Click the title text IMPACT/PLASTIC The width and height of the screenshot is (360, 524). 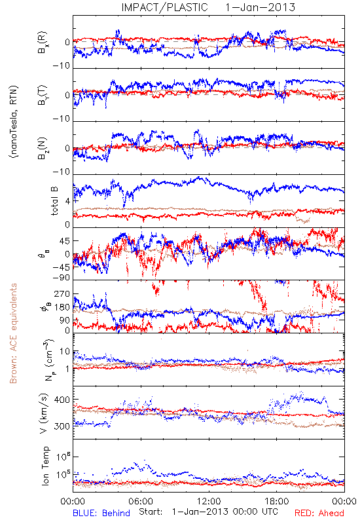(x=165, y=7)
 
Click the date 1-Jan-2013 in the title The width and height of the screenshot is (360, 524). (x=260, y=7)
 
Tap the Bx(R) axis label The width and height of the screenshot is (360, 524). (x=43, y=43)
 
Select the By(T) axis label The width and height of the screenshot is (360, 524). (x=43, y=95)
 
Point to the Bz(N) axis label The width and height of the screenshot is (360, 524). (x=43, y=148)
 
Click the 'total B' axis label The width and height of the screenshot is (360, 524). (x=54, y=201)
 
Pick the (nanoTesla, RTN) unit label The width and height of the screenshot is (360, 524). (x=14, y=122)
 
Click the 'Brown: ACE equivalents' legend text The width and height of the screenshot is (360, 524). (x=13, y=333)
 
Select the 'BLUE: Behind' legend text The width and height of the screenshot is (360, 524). (x=101, y=513)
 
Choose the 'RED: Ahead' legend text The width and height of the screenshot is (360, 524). (x=319, y=513)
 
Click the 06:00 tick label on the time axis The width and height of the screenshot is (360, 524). (x=141, y=501)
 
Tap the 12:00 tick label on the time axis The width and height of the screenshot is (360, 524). (x=209, y=501)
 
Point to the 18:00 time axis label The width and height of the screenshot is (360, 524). (x=277, y=501)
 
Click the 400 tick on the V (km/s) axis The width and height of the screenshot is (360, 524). (x=62, y=400)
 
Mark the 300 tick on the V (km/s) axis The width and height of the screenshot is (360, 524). (x=62, y=426)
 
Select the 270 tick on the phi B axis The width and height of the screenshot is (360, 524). (x=62, y=293)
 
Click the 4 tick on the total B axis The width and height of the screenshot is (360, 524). (x=68, y=202)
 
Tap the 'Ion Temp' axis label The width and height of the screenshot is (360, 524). (x=45, y=466)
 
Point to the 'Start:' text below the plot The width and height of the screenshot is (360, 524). (x=151, y=512)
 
